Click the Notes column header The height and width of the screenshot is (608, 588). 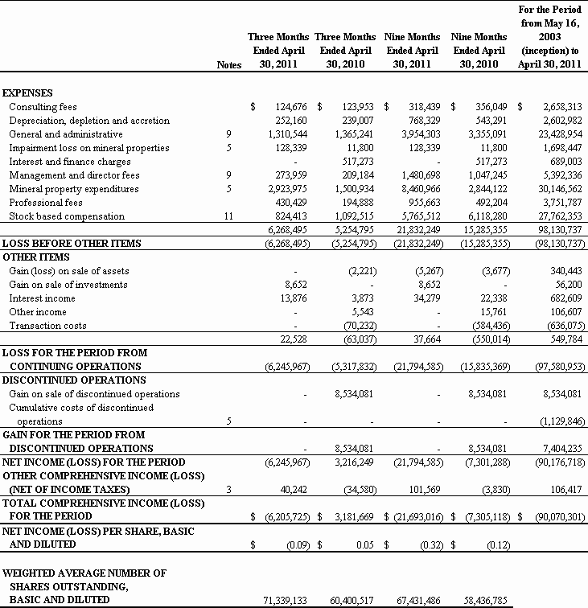tap(229, 64)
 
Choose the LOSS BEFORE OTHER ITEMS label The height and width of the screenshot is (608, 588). tap(72, 244)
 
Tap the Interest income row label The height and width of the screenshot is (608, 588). tap(41, 298)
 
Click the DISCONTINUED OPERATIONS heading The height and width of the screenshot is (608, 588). tap(74, 380)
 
